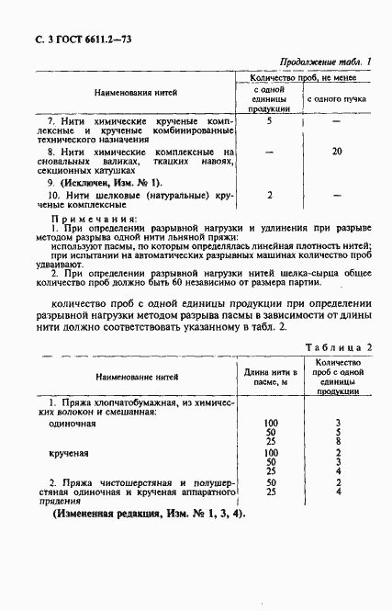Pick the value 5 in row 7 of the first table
pyautogui.click(x=269, y=120)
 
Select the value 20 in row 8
pyautogui.click(x=336, y=151)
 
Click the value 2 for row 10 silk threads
pyautogui.click(x=269, y=195)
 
